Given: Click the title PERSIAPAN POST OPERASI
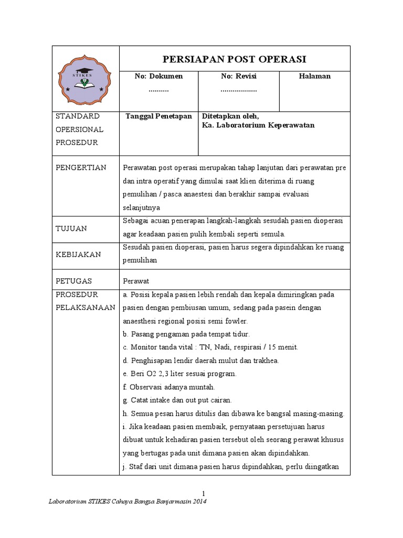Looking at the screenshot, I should pyautogui.click(x=235, y=58).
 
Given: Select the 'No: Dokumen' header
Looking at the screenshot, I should pyautogui.click(x=158, y=76).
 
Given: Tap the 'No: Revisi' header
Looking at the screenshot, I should pyautogui.click(x=239, y=76).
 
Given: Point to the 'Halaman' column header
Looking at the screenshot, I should pyautogui.click(x=315, y=76).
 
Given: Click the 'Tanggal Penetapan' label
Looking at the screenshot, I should pyautogui.click(x=158, y=116).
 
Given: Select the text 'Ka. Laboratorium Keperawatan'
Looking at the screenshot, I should pyautogui.click(x=258, y=126).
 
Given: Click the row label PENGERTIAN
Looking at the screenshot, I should pyautogui.click(x=81, y=168).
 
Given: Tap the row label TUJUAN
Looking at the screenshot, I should pyautogui.click(x=71, y=229).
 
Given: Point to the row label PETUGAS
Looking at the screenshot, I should pyautogui.click(x=74, y=281).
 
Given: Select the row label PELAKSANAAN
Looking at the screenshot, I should pyautogui.click(x=85, y=307).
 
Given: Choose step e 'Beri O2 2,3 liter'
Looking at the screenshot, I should pyautogui.click(x=179, y=374).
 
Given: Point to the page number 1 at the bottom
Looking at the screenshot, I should pyautogui.click(x=204, y=492).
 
